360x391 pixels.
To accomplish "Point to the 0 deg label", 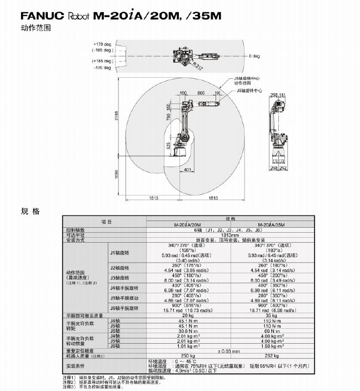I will point(255,56).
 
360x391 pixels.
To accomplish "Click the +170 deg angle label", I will point(102,44).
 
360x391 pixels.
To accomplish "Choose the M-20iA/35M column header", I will point(268,224).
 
